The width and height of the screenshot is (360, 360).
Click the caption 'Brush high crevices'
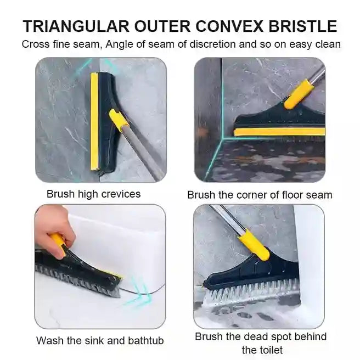[x=93, y=194]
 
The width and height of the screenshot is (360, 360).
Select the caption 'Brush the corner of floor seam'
[x=260, y=194]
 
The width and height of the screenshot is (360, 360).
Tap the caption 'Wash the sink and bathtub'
[x=100, y=340]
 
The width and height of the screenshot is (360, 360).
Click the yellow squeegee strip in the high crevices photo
[x=94, y=121]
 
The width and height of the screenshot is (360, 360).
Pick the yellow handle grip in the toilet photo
[x=254, y=246]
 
